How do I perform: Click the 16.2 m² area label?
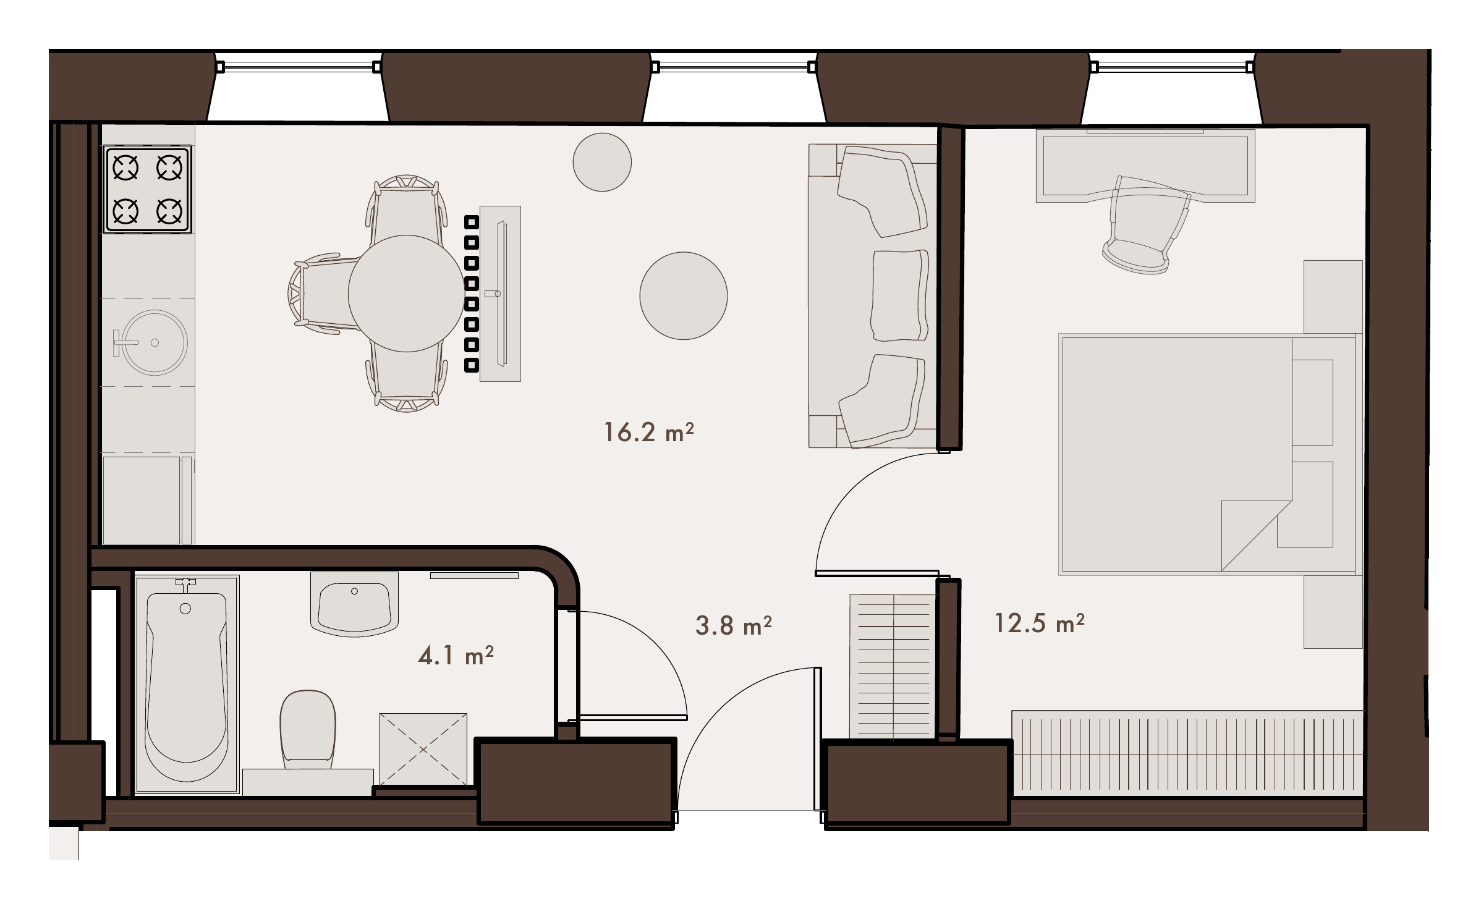tap(648, 432)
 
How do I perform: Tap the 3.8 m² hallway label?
tap(734, 625)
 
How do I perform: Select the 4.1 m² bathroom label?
tap(456, 655)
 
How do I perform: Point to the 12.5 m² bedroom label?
tap(1039, 623)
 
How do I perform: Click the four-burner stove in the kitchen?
tap(147, 189)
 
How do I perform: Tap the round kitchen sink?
tap(153, 342)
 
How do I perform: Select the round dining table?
tap(405, 294)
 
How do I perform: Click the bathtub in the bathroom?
tap(187, 685)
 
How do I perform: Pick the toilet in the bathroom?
tap(308, 730)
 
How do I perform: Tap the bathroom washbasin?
tap(354, 604)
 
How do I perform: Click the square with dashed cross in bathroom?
tap(423, 750)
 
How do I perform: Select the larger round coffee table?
tap(684, 295)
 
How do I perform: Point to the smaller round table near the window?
tap(602, 162)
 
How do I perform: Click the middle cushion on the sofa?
tap(900, 295)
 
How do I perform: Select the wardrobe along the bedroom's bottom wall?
tap(1187, 752)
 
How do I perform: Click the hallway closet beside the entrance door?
tap(893, 666)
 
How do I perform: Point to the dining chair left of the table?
tap(323, 294)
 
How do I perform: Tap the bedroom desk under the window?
tap(1145, 166)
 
